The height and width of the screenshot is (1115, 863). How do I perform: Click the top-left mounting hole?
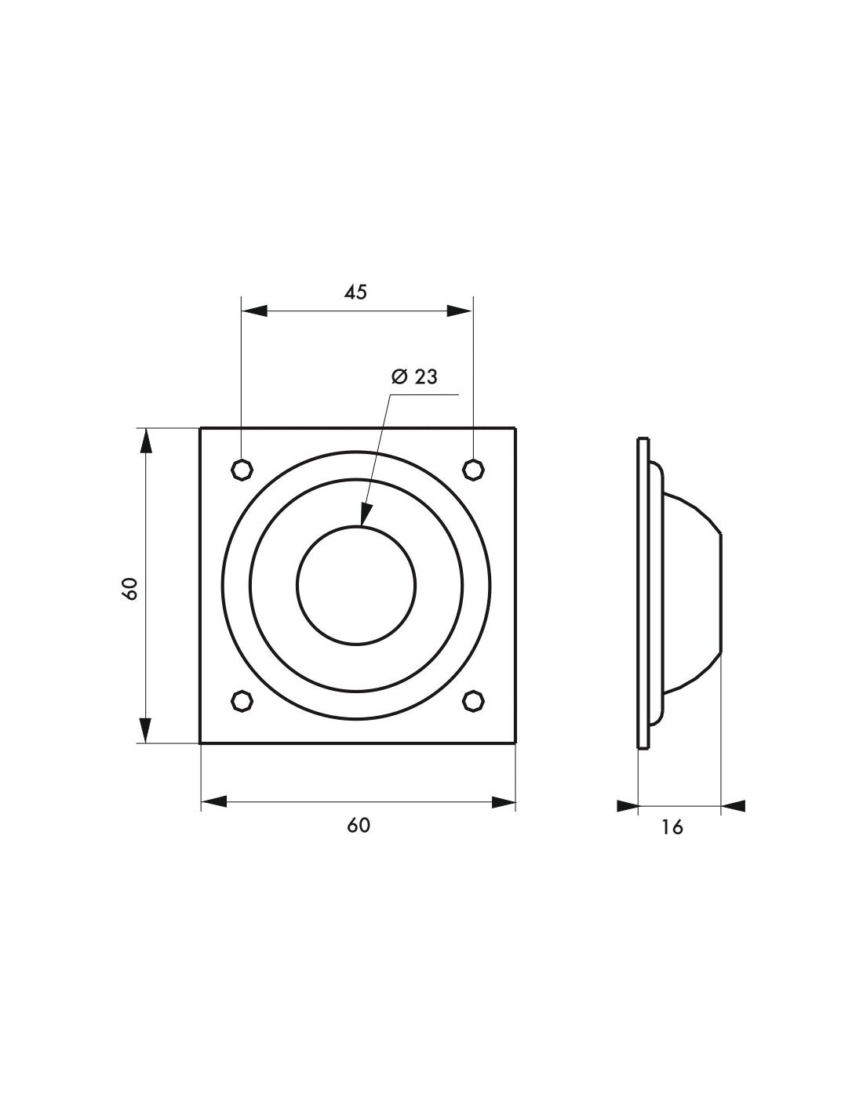click(242, 470)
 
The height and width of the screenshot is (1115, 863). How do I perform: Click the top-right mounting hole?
click(472, 470)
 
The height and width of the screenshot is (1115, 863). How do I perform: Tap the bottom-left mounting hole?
click(242, 700)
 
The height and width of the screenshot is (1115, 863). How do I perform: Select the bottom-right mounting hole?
click(472, 700)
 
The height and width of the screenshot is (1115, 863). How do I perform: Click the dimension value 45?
click(355, 292)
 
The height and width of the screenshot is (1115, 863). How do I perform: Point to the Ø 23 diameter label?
click(414, 377)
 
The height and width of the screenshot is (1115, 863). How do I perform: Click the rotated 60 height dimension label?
click(131, 588)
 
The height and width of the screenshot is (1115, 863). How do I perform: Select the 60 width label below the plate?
click(358, 826)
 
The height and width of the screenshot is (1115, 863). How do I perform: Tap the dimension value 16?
click(672, 827)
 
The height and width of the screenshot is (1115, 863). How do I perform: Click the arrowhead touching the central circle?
click(365, 514)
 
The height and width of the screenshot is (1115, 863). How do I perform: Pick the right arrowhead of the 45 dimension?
click(460, 311)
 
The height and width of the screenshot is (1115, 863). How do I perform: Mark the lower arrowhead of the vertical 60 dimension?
click(145, 730)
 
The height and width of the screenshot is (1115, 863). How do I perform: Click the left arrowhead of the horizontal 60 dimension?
click(214, 802)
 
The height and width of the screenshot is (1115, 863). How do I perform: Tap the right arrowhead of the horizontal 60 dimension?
click(503, 802)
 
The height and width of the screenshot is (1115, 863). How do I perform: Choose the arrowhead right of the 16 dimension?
click(734, 805)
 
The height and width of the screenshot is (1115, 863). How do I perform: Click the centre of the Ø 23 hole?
click(357, 585)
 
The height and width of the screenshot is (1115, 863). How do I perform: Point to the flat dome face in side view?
click(719, 593)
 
